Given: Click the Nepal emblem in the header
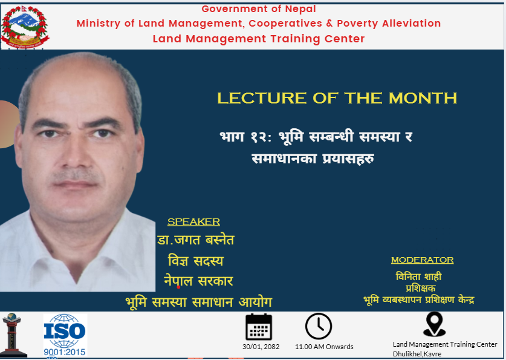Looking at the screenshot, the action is click(x=25, y=27).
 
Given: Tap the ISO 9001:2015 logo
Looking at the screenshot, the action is click(x=65, y=335).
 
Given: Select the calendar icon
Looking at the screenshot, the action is click(x=259, y=327).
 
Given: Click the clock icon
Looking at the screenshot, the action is click(x=319, y=327).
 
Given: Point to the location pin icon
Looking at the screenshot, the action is click(x=434, y=324).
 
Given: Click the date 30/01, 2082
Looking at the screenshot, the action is click(x=261, y=347).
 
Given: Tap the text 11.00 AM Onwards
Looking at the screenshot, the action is click(x=324, y=347).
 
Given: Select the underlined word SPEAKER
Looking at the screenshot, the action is click(x=193, y=222).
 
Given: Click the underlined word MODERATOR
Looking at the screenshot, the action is click(x=423, y=260).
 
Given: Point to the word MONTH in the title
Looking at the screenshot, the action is click(x=423, y=98).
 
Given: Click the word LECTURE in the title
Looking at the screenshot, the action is click(x=261, y=98).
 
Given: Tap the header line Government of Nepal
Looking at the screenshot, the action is click(x=259, y=9).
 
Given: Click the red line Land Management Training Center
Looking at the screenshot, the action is click(x=259, y=39).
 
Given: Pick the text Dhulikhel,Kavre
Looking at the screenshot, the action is click(x=417, y=354).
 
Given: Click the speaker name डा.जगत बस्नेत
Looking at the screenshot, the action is click(x=196, y=240).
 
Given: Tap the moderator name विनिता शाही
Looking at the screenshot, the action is click(x=418, y=277).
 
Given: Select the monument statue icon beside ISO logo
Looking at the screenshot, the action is click(x=13, y=335).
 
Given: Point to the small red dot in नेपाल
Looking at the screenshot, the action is click(x=178, y=287).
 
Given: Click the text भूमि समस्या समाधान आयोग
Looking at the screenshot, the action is click(x=199, y=302).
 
